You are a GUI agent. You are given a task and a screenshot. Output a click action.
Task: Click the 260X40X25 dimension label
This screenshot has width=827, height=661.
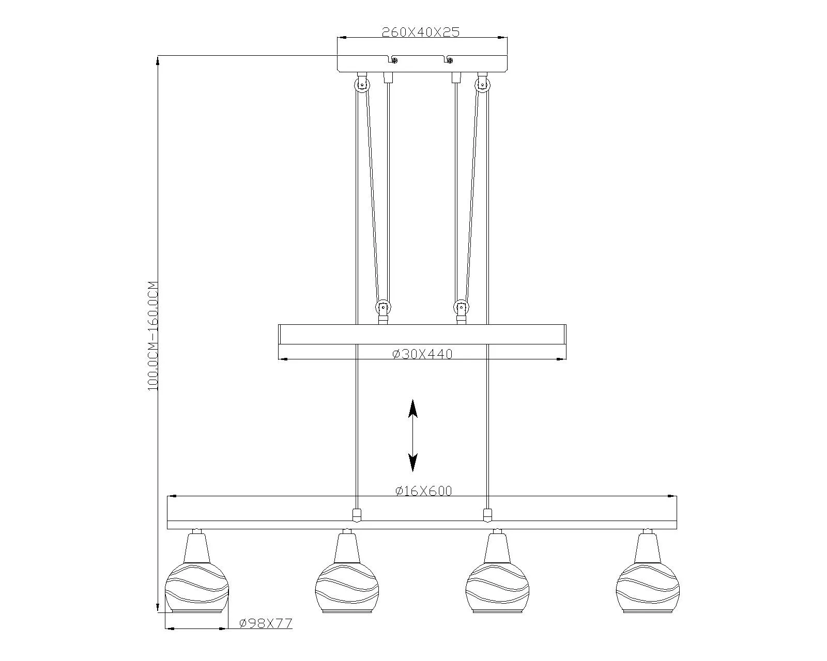pyautogui.click(x=420, y=32)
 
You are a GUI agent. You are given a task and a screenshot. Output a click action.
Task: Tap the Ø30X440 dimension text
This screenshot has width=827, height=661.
pyautogui.click(x=422, y=354)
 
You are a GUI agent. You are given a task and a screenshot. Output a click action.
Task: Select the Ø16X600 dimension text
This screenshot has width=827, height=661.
pyautogui.click(x=423, y=491)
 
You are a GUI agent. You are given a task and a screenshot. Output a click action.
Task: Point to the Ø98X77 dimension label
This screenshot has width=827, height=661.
pyautogui.click(x=266, y=623)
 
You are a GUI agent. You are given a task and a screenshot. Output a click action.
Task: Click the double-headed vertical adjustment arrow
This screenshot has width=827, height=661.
pyautogui.click(x=413, y=435)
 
